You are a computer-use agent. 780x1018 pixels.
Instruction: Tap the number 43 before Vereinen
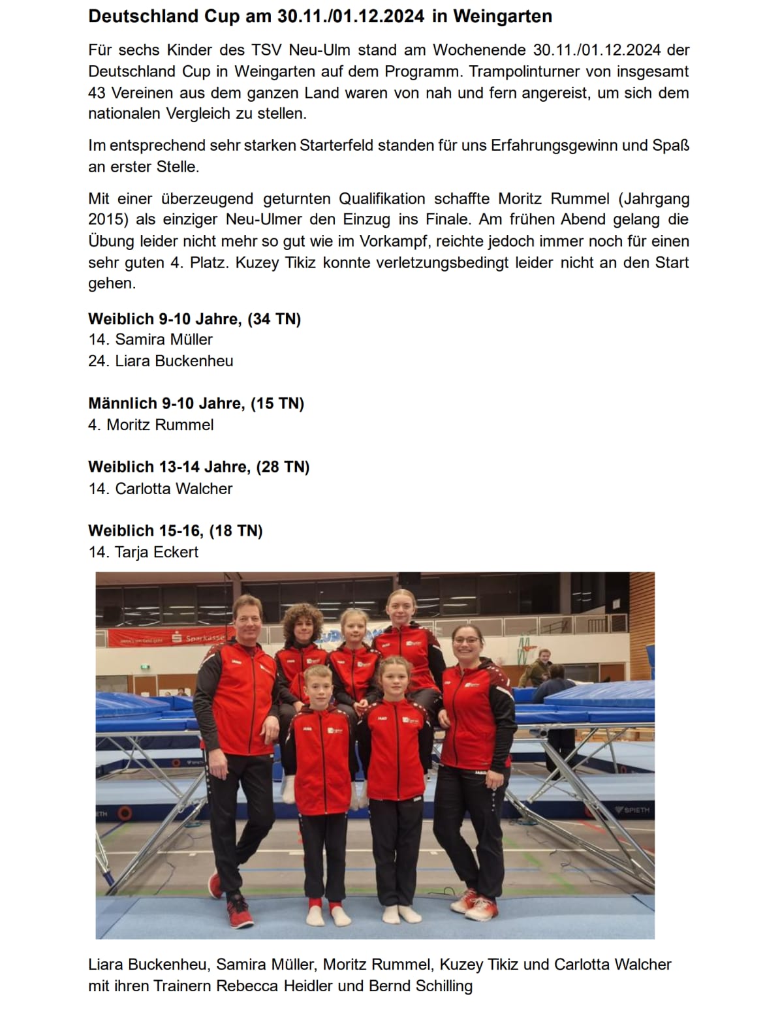pos(97,93)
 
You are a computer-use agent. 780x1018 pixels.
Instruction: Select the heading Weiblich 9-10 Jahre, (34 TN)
pos(195,319)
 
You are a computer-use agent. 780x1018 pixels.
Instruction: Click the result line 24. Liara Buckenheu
pos(161,361)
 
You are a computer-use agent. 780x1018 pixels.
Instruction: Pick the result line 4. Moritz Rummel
pos(151,425)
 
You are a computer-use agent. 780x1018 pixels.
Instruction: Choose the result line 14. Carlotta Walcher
pos(161,489)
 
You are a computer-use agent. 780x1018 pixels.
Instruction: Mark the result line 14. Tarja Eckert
pos(144,552)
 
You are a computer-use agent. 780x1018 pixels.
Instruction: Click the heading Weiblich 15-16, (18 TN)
pos(176,531)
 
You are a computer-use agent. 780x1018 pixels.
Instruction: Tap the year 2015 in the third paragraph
pos(107,220)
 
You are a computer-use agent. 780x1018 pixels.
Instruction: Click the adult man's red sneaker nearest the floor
pos(239,912)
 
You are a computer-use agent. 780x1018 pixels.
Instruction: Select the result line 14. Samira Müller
pos(151,339)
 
